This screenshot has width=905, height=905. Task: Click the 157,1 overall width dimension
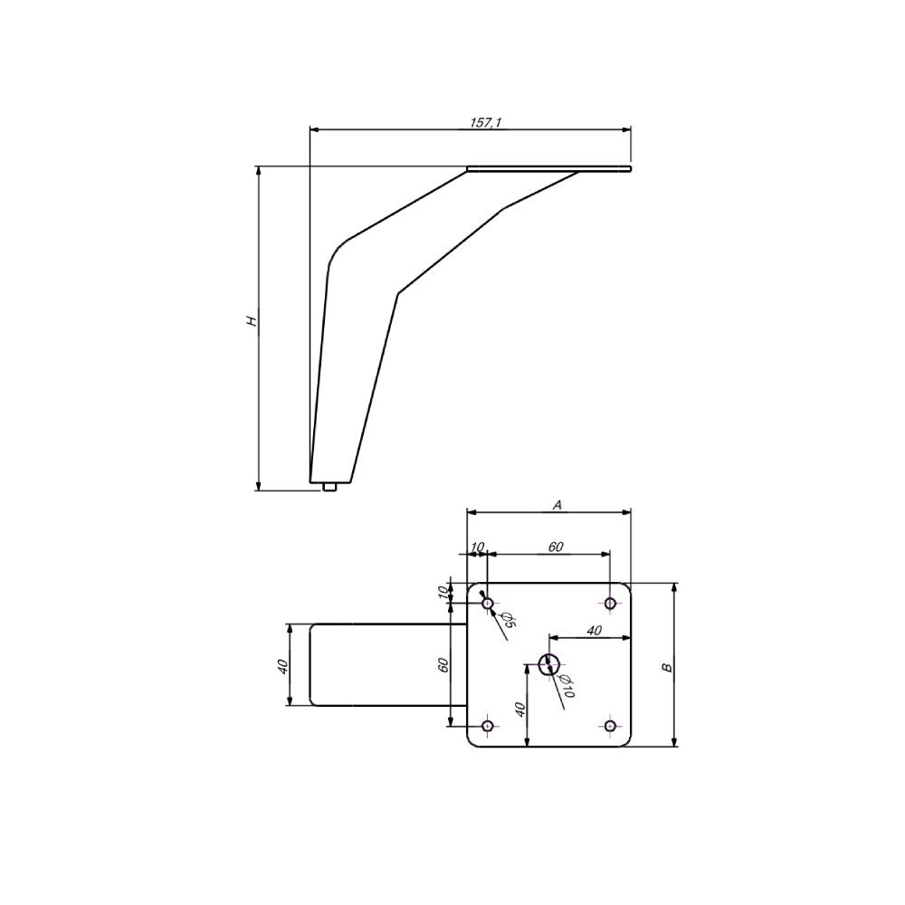[485, 122]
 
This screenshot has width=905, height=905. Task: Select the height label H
[252, 321]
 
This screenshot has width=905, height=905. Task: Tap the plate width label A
[557, 506]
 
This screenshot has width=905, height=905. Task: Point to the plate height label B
[667, 668]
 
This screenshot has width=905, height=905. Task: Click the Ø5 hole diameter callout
[509, 620]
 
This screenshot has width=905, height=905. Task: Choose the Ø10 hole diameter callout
[567, 686]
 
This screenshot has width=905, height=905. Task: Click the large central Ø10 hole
[549, 665]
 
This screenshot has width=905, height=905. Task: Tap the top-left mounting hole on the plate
[488, 604]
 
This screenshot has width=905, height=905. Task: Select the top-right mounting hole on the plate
[610, 604]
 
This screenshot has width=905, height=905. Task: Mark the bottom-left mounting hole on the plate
[488, 726]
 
